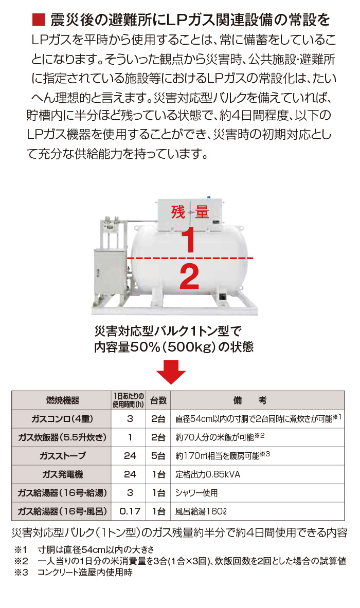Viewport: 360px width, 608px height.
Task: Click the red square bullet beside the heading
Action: pyautogui.click(x=39, y=20)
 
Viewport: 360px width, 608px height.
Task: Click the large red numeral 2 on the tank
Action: pyautogui.click(x=189, y=277)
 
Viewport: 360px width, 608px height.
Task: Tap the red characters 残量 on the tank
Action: pyautogui.click(x=190, y=212)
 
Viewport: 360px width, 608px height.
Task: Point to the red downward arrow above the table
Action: pyautogui.click(x=171, y=372)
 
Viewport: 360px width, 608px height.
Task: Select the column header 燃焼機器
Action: pyautogui.click(x=62, y=400)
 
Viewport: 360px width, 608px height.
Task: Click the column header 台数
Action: pyautogui.click(x=158, y=400)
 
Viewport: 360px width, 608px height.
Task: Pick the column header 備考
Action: pyautogui.click(x=250, y=400)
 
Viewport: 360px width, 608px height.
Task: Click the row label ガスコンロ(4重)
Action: pyautogui.click(x=62, y=419)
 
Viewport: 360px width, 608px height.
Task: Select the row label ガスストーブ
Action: pyautogui.click(x=62, y=455)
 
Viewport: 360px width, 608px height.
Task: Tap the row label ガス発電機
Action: pyautogui.click(x=62, y=474)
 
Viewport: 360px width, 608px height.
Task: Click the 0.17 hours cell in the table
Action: pyautogui.click(x=130, y=511)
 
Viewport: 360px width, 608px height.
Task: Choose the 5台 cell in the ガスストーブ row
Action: pyautogui.click(x=158, y=456)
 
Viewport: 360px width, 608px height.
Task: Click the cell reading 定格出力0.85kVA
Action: pyautogui.click(x=208, y=474)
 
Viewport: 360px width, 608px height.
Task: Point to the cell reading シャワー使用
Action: pyautogui.click(x=196, y=493)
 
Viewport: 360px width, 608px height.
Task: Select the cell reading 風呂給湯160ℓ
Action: pyautogui.click(x=201, y=511)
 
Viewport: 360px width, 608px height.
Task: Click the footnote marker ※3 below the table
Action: pyautogui.click(x=21, y=573)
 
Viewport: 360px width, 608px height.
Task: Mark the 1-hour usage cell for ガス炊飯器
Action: pyautogui.click(x=130, y=437)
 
